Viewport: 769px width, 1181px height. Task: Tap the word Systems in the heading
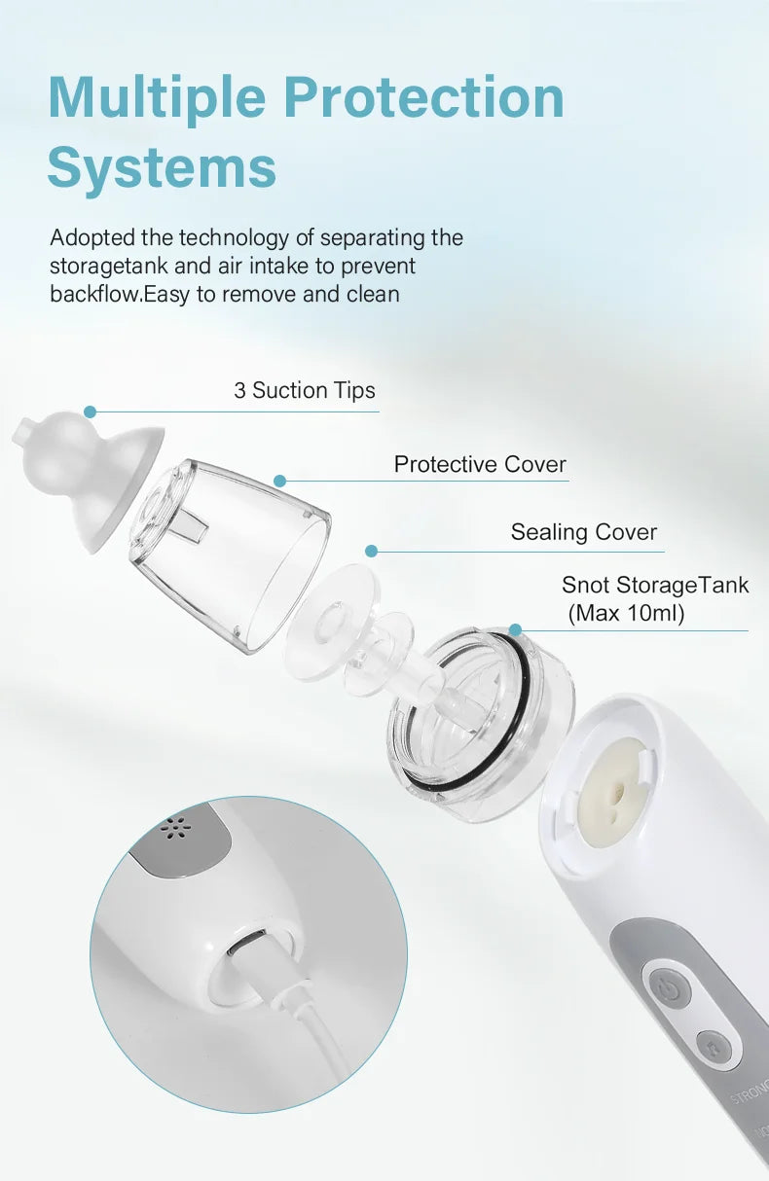pyautogui.click(x=162, y=167)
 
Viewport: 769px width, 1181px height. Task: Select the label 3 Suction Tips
pyautogui.click(x=305, y=391)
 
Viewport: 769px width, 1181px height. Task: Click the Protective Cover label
pyautogui.click(x=480, y=465)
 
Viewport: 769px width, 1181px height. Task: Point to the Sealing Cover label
pyautogui.click(x=584, y=532)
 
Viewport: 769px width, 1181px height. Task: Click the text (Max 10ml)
pyautogui.click(x=628, y=614)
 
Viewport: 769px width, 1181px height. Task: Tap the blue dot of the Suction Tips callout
pyautogui.click(x=90, y=412)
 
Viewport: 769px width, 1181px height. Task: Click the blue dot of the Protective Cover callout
pyautogui.click(x=279, y=481)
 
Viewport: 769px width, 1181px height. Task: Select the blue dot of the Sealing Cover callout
pyautogui.click(x=371, y=551)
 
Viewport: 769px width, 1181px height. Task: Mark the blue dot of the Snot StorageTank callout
pyautogui.click(x=515, y=630)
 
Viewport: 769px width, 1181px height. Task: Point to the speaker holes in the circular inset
pyautogui.click(x=174, y=829)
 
